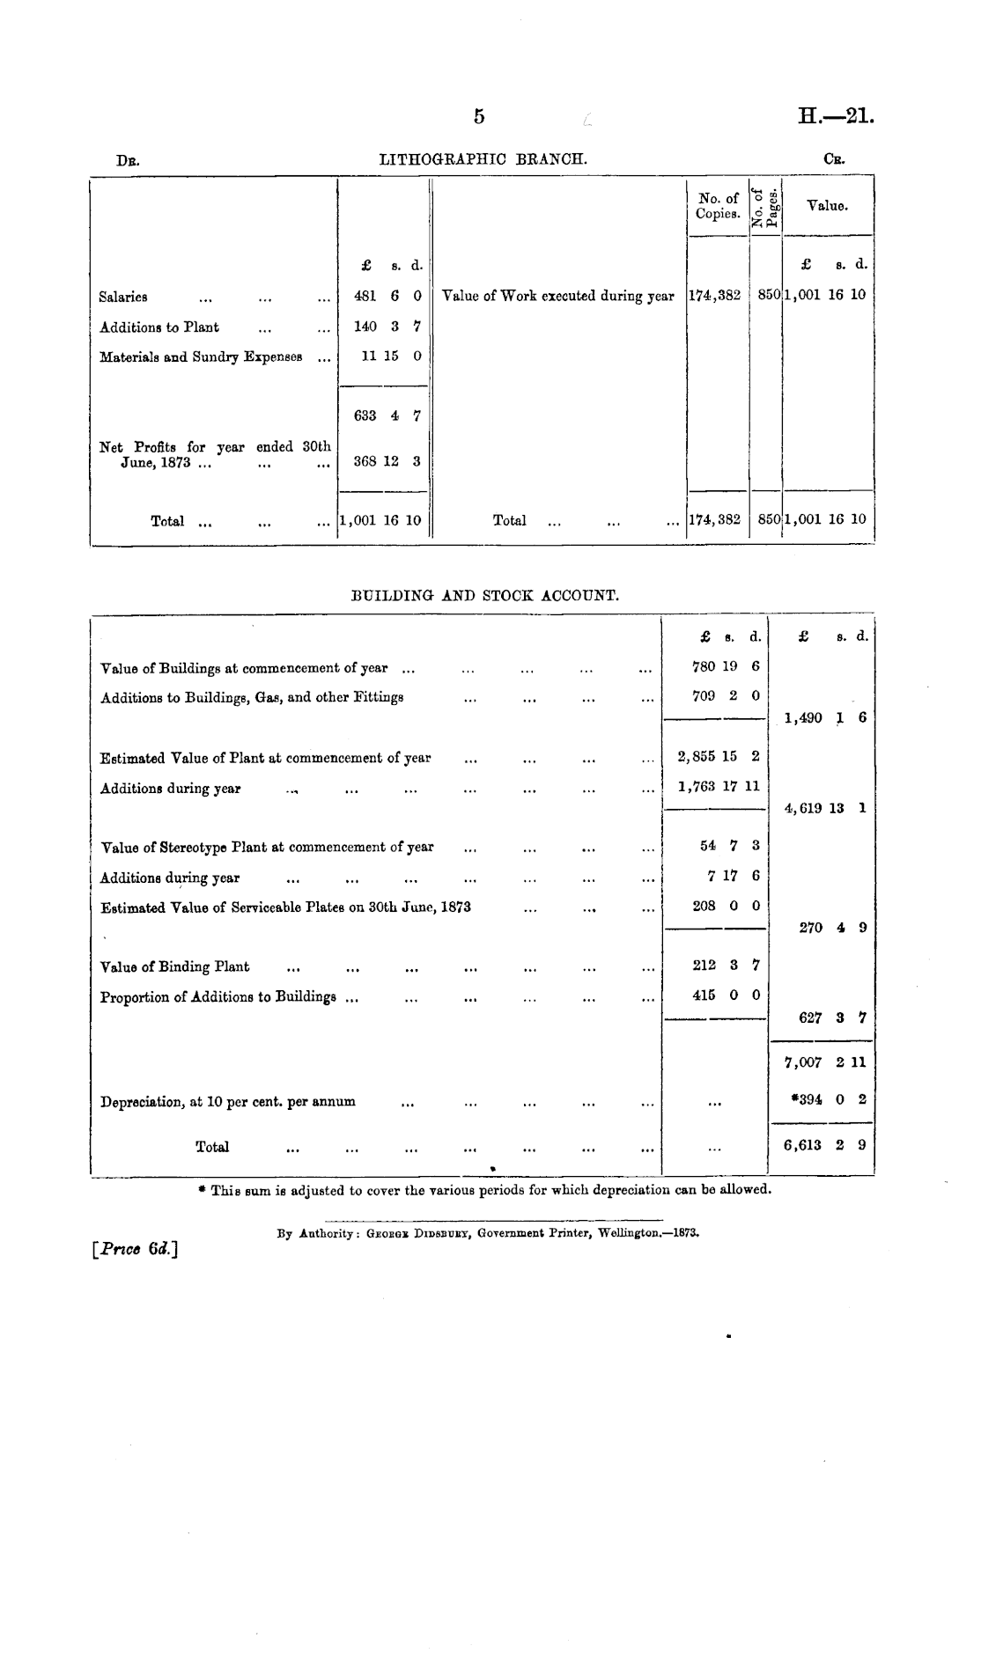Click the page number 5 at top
(479, 116)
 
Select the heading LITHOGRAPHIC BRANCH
(483, 159)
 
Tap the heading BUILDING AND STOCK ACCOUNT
(485, 596)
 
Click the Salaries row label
(123, 298)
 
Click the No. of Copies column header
(718, 206)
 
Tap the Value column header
(827, 206)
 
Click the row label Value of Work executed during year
(558, 297)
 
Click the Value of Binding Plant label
(175, 967)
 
